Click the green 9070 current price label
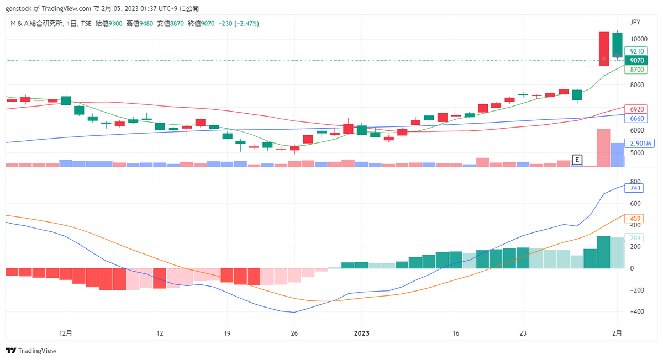tap(636, 61)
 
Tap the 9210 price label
tap(636, 51)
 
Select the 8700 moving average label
tap(636, 70)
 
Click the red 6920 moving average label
tap(636, 109)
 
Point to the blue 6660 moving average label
tap(636, 118)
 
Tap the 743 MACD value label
tap(634, 188)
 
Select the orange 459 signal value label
tap(634, 219)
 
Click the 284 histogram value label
tap(634, 238)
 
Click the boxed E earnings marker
tap(577, 160)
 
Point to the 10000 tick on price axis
tap(639, 39)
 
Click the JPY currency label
tap(635, 22)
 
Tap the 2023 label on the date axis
tap(361, 333)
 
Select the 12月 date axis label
tap(66, 333)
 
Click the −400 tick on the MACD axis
tap(637, 311)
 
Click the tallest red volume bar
tap(603, 148)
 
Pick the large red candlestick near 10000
tap(604, 49)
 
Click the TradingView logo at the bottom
tap(31, 351)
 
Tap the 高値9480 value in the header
tap(139, 23)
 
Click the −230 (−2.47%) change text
tap(239, 23)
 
